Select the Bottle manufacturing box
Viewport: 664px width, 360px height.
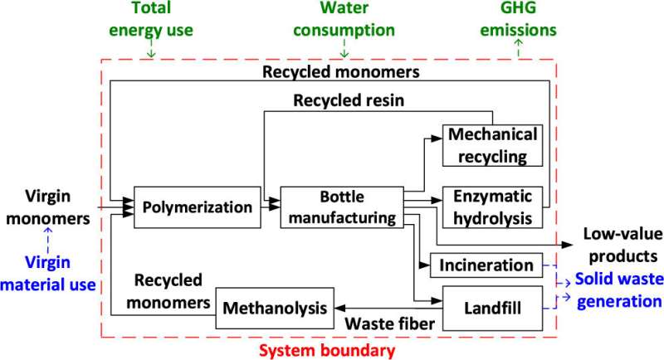[x=339, y=207]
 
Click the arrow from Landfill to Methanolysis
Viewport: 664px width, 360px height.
[x=389, y=307]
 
